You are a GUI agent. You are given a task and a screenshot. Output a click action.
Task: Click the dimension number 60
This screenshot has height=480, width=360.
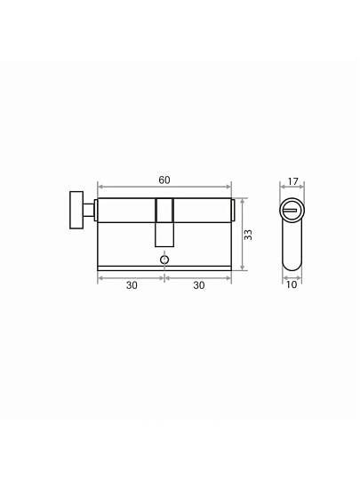pyautogui.click(x=164, y=180)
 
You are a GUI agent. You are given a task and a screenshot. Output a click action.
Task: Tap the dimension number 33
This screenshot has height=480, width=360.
pyautogui.click(x=248, y=235)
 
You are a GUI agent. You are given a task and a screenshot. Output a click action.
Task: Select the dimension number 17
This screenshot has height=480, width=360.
pyautogui.click(x=292, y=181)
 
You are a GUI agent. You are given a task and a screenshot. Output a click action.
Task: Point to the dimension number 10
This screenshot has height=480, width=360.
pyautogui.click(x=292, y=284)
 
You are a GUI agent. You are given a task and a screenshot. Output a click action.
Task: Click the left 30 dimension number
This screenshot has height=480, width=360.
pyautogui.click(x=132, y=285)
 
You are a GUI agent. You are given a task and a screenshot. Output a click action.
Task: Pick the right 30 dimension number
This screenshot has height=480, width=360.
pyautogui.click(x=199, y=285)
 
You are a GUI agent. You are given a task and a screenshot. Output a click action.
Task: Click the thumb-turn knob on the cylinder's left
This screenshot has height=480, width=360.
pyautogui.click(x=76, y=210)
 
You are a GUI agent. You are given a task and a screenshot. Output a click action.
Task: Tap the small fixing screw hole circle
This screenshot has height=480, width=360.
pyautogui.click(x=164, y=260)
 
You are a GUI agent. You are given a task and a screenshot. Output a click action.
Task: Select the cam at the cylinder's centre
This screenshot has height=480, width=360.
pyautogui.click(x=164, y=222)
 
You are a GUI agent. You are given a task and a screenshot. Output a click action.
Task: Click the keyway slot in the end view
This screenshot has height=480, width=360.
pyautogui.click(x=290, y=211)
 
